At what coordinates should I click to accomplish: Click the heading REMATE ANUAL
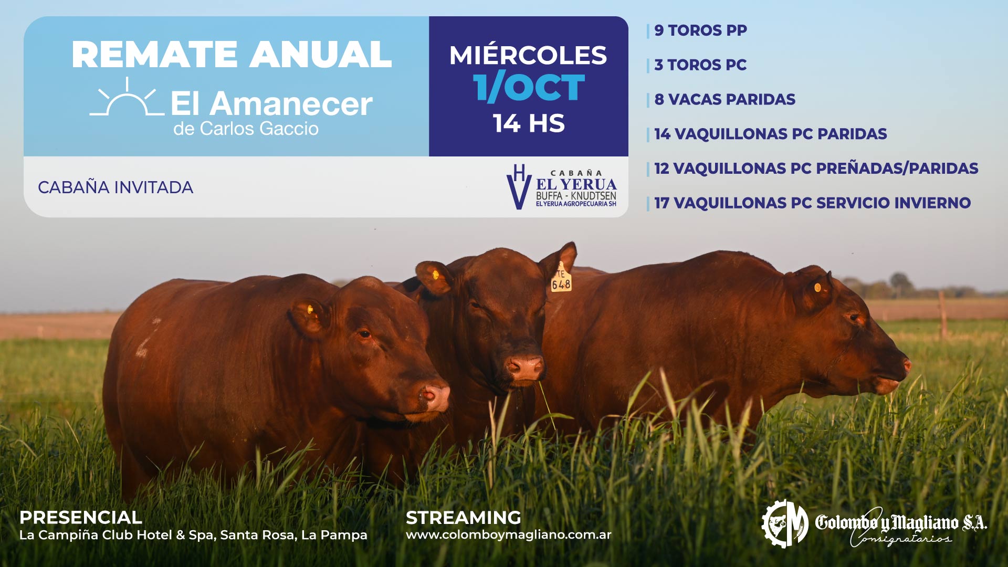pos(232,55)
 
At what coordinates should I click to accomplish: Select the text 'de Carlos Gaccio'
pos(246,129)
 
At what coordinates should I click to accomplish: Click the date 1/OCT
pos(529,87)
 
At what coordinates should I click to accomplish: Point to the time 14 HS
pos(529,123)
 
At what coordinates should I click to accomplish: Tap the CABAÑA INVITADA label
pos(115,187)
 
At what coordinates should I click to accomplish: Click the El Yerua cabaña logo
pos(561,187)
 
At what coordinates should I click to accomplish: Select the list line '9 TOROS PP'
pos(700,30)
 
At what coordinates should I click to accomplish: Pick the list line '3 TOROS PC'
pos(700,65)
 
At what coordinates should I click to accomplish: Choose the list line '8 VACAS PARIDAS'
pos(724,99)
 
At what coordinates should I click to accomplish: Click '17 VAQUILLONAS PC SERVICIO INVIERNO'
pos(812,203)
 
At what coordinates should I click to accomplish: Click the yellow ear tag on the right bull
pos(817,287)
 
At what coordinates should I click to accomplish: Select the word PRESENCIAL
pos(80,518)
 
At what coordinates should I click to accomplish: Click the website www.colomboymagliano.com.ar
pos(508,535)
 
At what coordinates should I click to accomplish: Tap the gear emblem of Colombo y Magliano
pos(785,523)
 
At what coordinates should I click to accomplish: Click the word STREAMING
pos(463,518)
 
